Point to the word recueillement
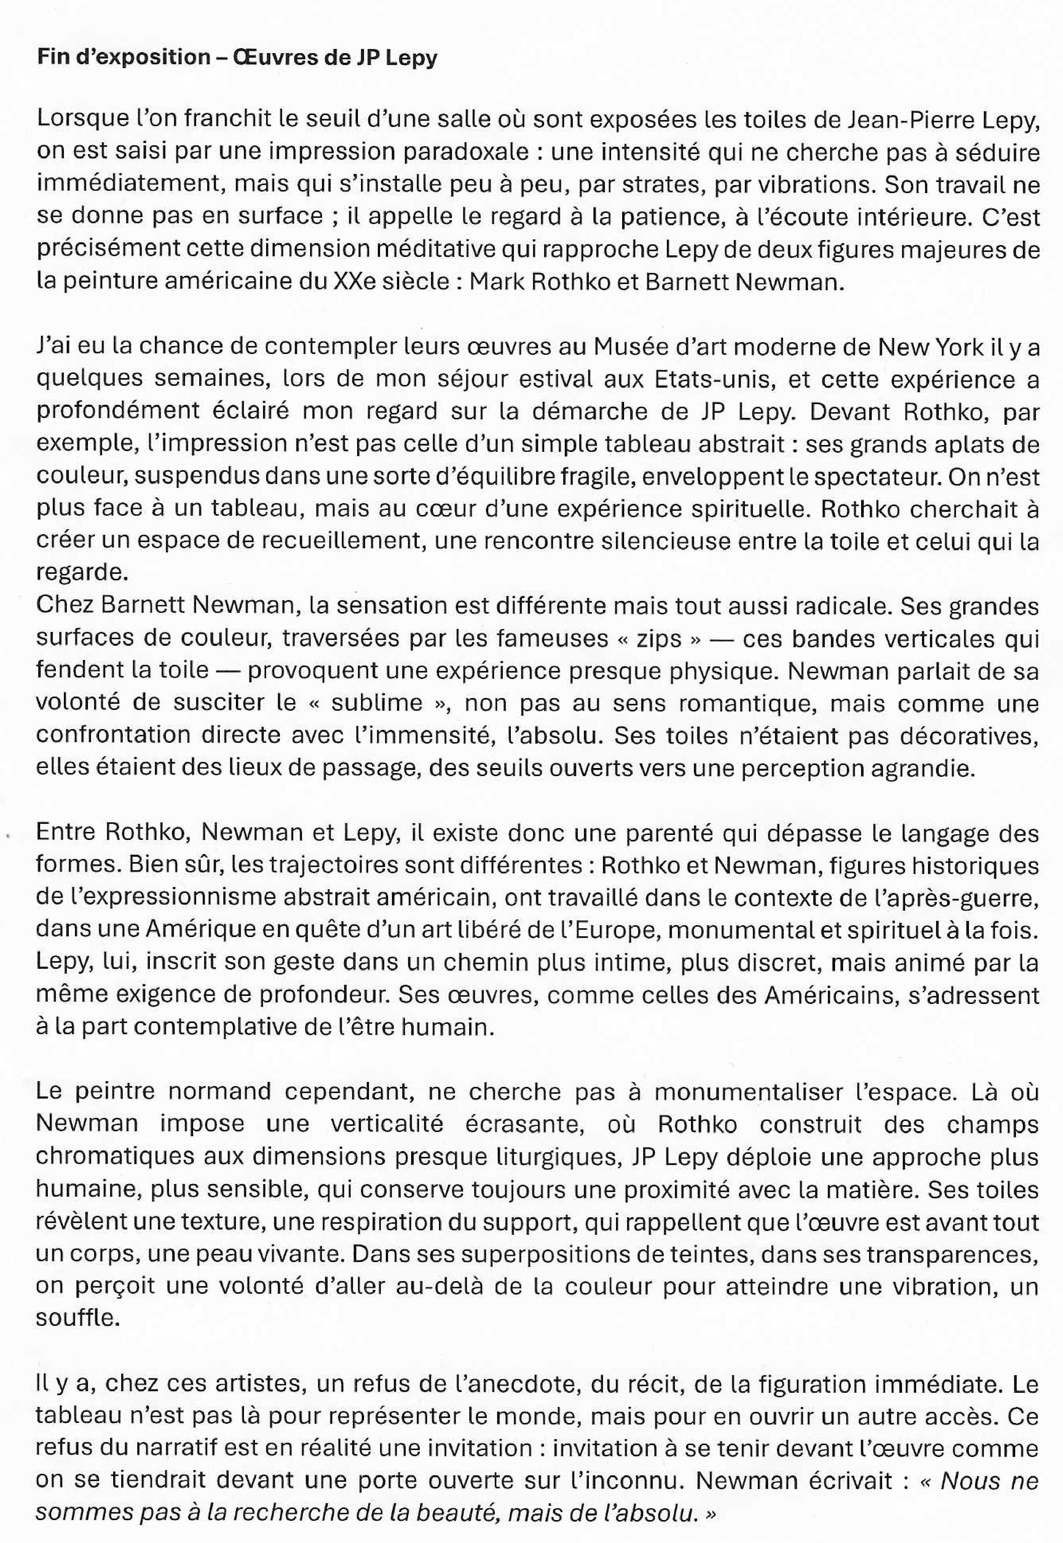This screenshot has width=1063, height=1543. click(x=345, y=541)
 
